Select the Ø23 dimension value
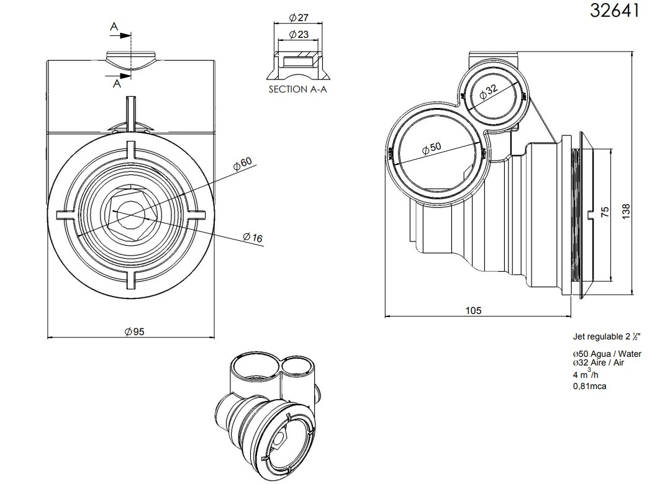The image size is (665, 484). (299, 35)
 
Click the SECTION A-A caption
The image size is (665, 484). (297, 89)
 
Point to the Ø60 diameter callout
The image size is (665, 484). (242, 164)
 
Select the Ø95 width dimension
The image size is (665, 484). (133, 332)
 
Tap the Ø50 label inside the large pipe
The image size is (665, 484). (430, 148)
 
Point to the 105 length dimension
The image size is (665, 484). (473, 310)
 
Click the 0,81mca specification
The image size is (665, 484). (589, 386)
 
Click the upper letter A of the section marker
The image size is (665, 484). (114, 27)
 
